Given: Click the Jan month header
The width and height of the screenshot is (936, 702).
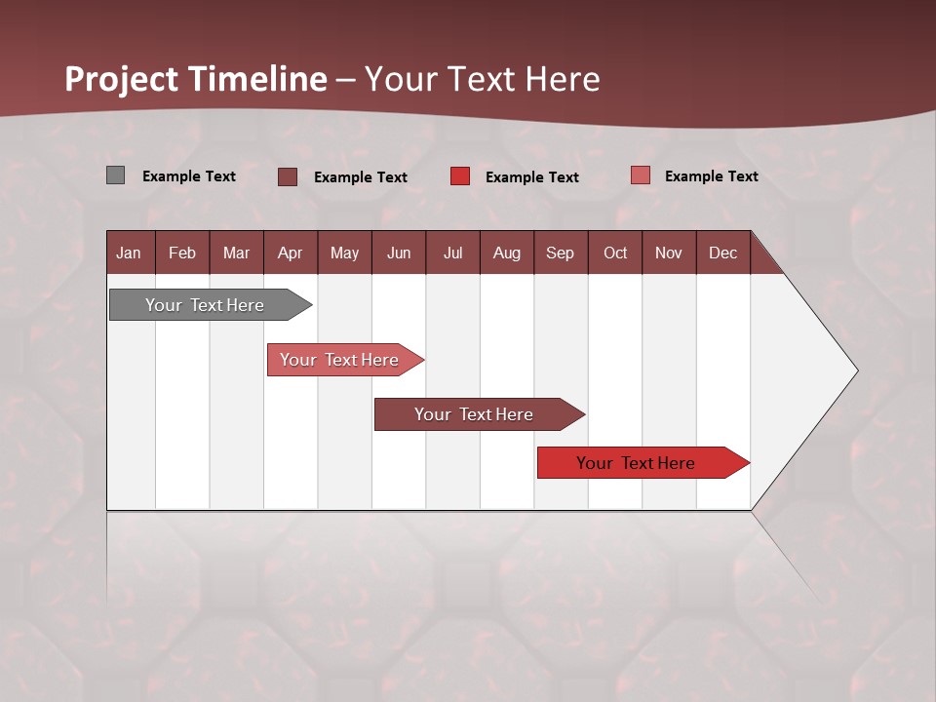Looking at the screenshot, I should click(130, 253).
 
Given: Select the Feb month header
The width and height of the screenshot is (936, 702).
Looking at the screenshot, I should click(182, 253).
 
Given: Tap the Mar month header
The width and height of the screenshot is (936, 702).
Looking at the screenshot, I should click(236, 253).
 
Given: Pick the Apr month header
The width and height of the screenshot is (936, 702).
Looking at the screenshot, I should click(291, 253).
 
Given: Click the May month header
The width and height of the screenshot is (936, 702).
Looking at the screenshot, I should click(344, 253).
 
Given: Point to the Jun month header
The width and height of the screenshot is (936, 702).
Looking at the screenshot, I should click(399, 253).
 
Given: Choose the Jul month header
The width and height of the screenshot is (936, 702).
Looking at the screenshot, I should click(452, 253).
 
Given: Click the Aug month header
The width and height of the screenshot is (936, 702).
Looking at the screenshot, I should click(507, 253).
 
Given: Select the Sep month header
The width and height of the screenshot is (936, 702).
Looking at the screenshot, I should click(561, 253).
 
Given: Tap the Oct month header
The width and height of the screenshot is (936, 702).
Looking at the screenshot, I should click(615, 253).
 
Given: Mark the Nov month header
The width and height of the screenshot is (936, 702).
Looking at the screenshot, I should click(669, 253).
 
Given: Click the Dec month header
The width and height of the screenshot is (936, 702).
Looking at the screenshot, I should click(723, 253).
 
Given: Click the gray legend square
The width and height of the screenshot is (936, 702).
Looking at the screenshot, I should click(116, 175).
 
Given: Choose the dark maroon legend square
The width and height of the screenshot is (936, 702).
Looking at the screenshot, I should click(288, 176).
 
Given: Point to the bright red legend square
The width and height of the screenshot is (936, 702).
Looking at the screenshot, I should click(460, 176).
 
